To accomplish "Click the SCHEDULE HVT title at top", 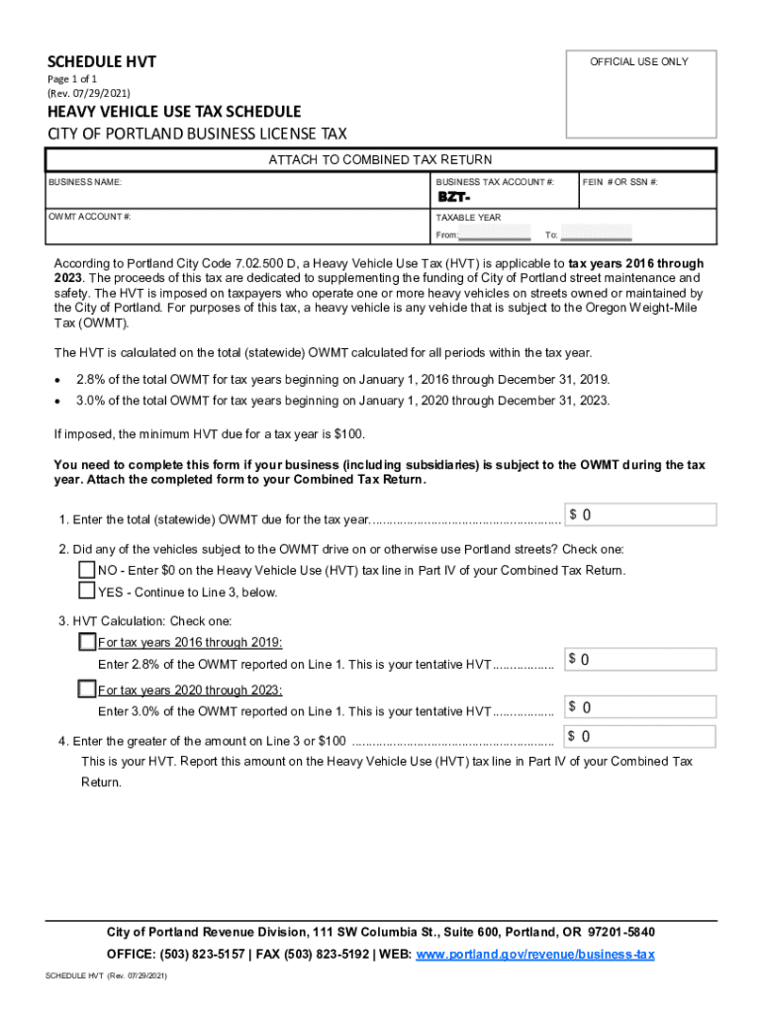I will point(102,63).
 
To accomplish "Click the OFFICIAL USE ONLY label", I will point(638,61).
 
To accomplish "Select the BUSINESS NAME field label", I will point(85,183).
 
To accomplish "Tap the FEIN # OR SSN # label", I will point(620,183).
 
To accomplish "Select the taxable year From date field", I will point(496,234).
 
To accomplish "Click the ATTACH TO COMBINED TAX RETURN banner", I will point(380,160).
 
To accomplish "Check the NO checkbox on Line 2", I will point(87,570).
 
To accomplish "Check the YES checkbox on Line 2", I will point(87,592).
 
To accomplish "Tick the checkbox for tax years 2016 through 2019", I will point(87,642).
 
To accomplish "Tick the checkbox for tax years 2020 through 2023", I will point(87,690).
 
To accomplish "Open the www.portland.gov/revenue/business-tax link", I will point(535,955).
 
